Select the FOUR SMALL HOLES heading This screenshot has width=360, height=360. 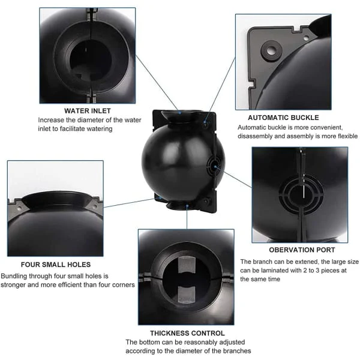[56, 264]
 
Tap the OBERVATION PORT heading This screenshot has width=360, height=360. [293, 250]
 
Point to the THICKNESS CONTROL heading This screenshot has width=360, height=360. [188, 332]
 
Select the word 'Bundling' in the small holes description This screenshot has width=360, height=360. [15, 275]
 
